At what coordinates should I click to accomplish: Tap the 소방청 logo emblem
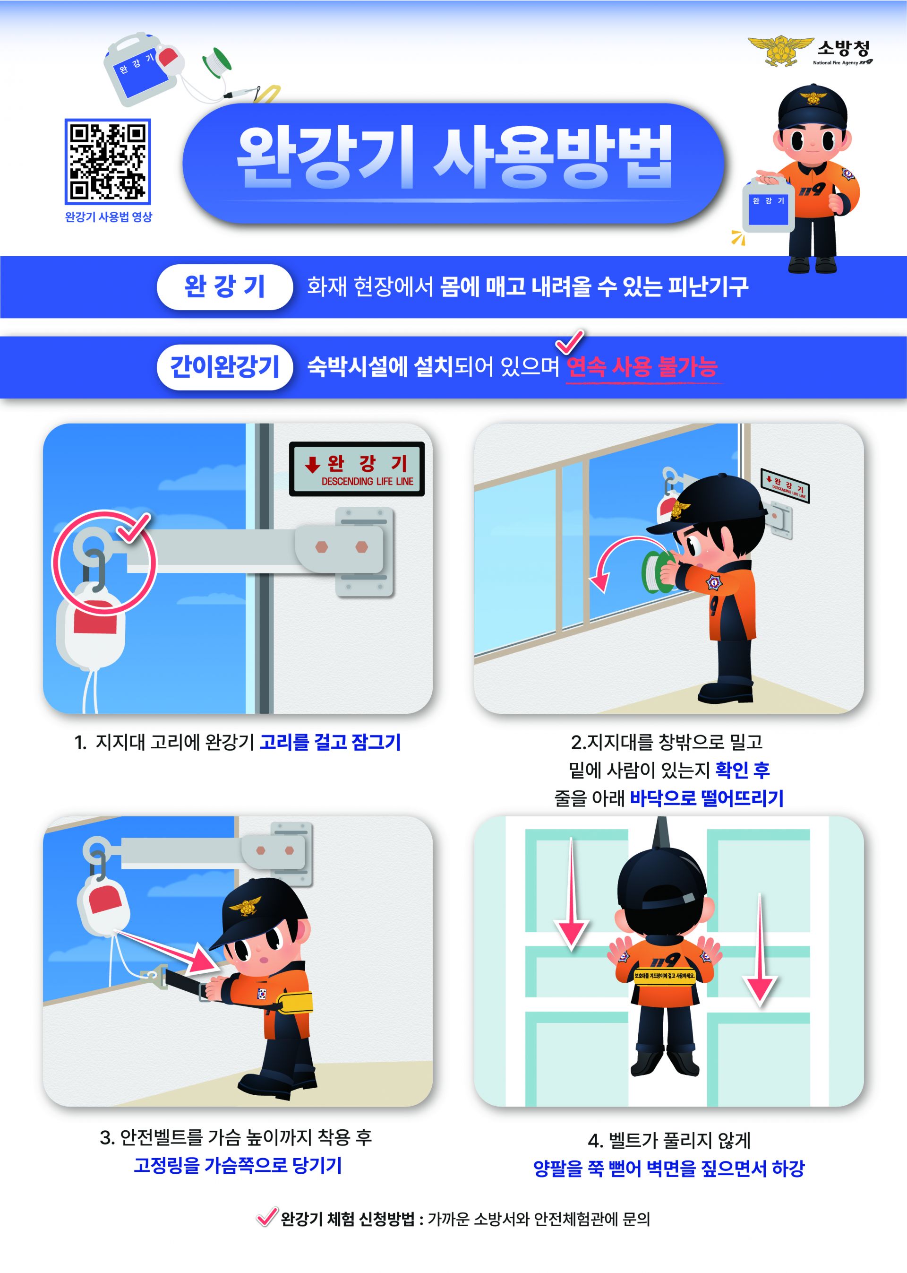click(x=780, y=50)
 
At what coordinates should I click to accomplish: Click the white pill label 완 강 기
click(x=224, y=286)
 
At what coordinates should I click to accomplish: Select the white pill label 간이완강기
click(x=224, y=367)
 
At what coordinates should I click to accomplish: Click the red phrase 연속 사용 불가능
click(x=641, y=367)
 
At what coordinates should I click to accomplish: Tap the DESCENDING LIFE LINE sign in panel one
click(x=356, y=469)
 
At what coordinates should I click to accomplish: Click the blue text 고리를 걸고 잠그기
click(x=330, y=742)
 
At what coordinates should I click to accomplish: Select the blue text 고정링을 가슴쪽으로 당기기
click(x=237, y=1165)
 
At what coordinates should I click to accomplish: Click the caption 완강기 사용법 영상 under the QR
click(x=108, y=217)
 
